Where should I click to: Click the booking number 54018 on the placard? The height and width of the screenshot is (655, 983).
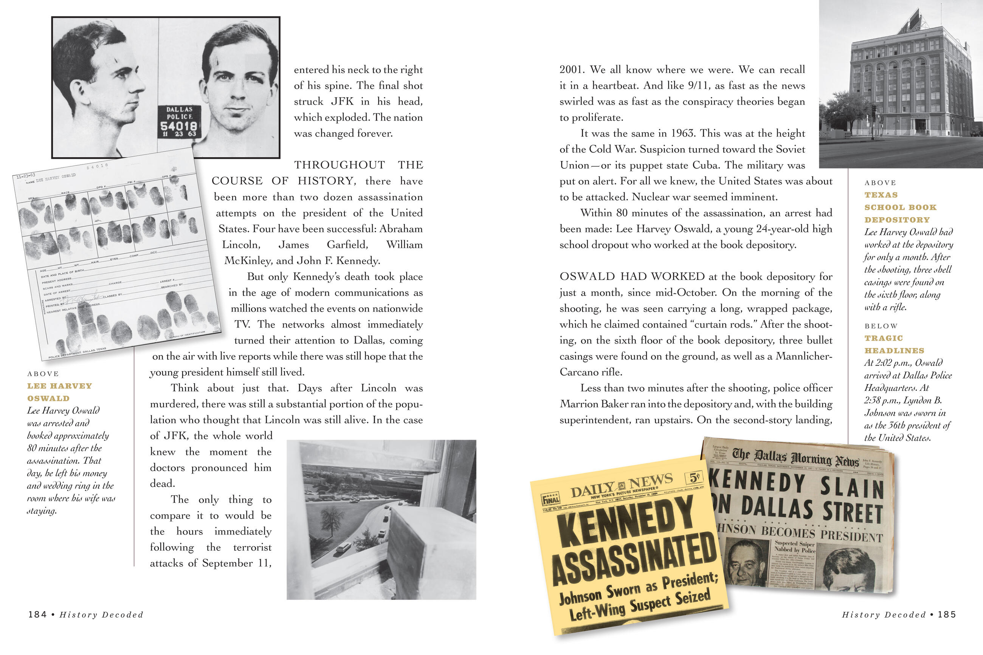[x=179, y=126]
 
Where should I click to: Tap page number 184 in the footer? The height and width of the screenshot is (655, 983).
[x=37, y=615]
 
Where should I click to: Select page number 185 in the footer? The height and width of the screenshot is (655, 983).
[x=947, y=615]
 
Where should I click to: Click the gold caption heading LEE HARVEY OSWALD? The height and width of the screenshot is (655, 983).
[x=59, y=392]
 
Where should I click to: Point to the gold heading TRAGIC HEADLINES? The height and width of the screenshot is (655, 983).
[x=894, y=344]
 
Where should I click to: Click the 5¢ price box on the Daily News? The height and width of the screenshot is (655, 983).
[x=694, y=477]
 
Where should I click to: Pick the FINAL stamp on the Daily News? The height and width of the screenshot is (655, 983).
[x=550, y=499]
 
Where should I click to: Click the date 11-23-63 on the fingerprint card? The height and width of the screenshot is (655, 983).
[x=26, y=176]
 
